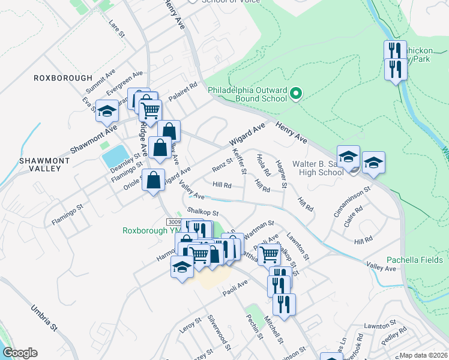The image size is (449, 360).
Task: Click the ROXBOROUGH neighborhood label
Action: click(x=63, y=78)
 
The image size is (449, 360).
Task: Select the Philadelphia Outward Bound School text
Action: click(x=247, y=94)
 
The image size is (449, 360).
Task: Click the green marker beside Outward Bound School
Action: click(x=295, y=94)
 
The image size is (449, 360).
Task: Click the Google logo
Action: click(x=20, y=353)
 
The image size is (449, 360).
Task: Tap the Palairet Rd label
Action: click(x=182, y=92)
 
